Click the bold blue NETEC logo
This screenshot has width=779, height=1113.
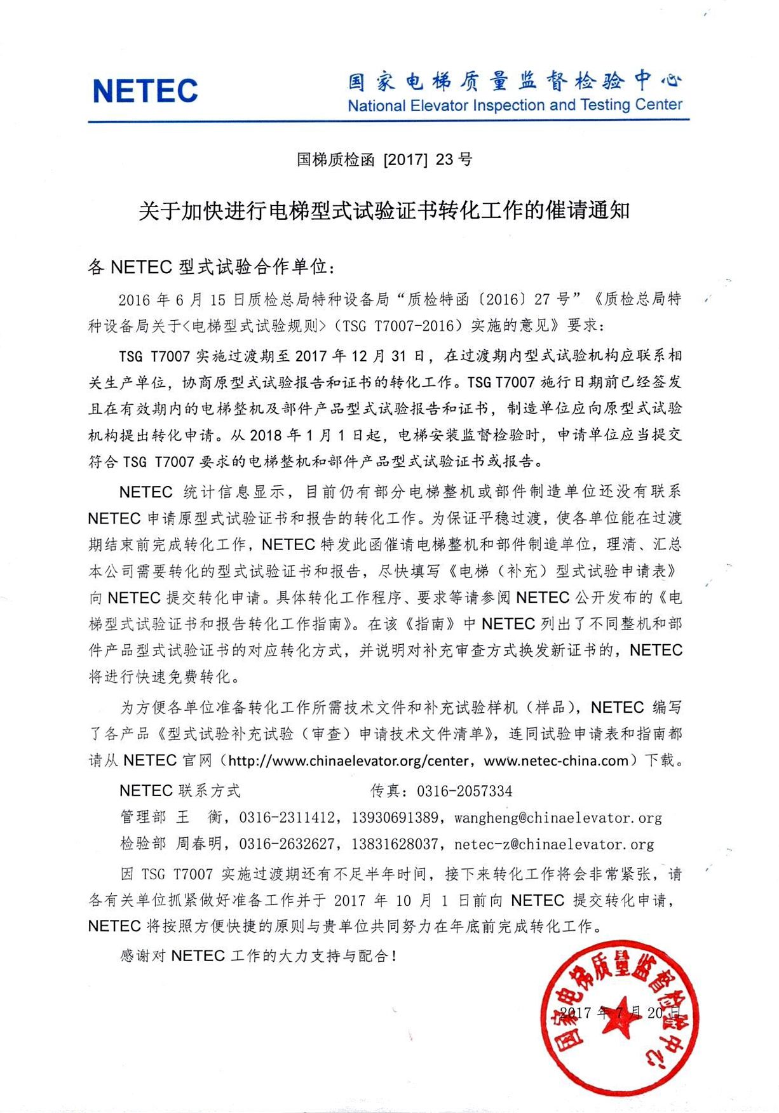[145, 91]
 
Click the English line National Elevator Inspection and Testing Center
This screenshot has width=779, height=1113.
[515, 105]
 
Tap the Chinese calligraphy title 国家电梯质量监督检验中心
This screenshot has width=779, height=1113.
[515, 81]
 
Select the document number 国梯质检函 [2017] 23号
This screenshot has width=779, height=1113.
[384, 159]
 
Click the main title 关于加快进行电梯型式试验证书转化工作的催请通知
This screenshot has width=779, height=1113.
[384, 211]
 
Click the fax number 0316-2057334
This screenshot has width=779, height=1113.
[464, 791]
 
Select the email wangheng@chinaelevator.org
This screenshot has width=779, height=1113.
[558, 818]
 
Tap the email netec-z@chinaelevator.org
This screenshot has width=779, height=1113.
[554, 844]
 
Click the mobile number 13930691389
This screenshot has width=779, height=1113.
[395, 818]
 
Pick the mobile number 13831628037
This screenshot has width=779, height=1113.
[395, 844]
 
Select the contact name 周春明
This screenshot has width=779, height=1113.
[199, 844]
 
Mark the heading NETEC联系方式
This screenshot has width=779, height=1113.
[180, 791]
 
